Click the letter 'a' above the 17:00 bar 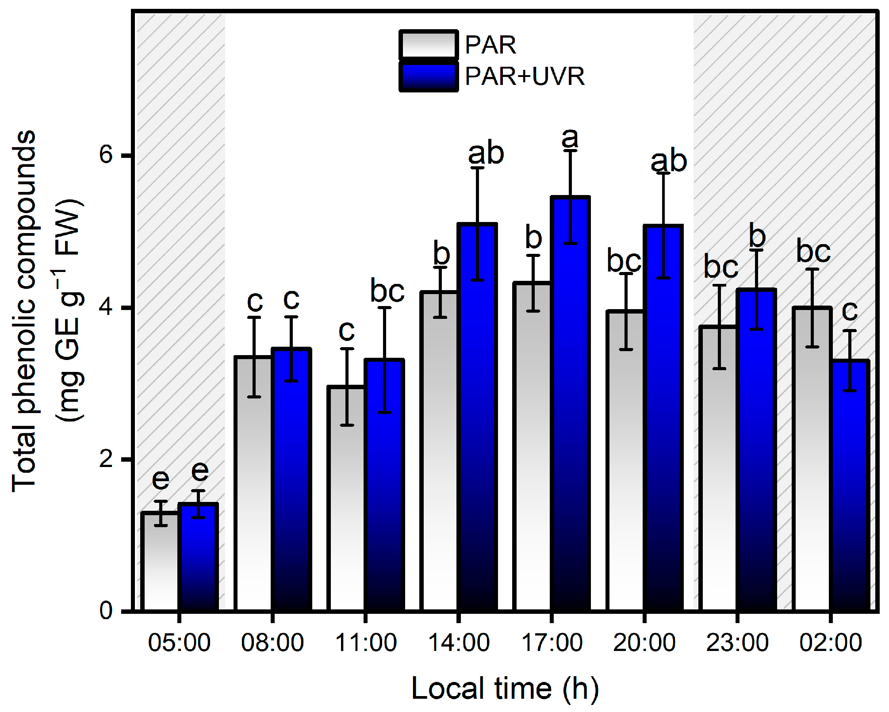(570, 138)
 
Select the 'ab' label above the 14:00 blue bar (486, 153)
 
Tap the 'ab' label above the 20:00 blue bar (668, 161)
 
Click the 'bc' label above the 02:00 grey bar (813, 251)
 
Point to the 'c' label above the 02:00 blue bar (850, 311)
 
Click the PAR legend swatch (428, 45)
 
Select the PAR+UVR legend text (525, 77)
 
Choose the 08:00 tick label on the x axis (272, 643)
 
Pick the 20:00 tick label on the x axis (644, 643)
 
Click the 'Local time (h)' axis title (505, 689)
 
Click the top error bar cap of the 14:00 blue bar (477, 168)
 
